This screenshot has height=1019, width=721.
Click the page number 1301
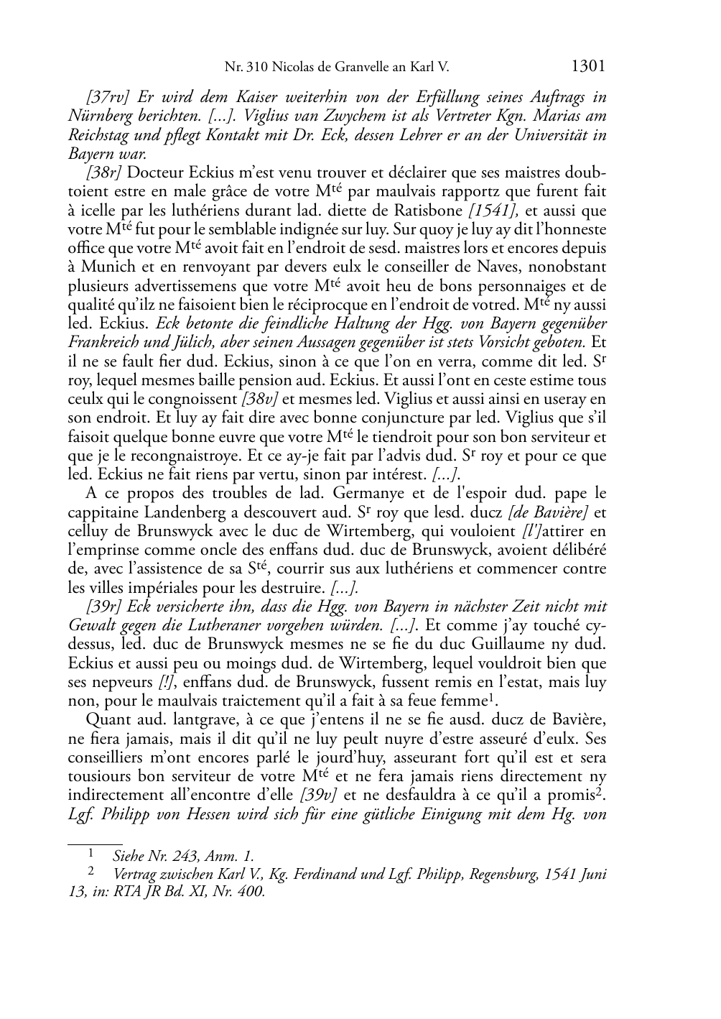tap(588, 67)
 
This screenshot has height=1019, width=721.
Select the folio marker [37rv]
tap(107, 97)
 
